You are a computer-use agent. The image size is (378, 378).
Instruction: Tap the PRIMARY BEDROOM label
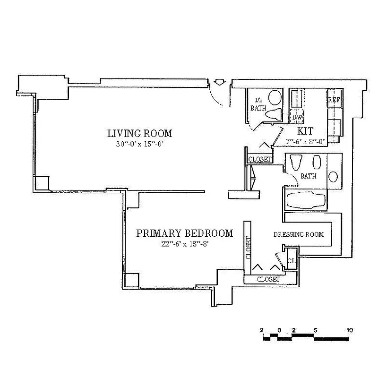(x=185, y=233)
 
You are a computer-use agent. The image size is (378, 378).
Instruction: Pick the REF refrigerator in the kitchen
(x=335, y=100)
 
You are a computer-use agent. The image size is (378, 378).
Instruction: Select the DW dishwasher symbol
(x=297, y=117)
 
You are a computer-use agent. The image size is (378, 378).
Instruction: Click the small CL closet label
(x=292, y=260)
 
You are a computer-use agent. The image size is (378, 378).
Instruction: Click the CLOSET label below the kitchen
(x=260, y=160)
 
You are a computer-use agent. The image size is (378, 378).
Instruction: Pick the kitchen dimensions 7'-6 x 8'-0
(x=306, y=141)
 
